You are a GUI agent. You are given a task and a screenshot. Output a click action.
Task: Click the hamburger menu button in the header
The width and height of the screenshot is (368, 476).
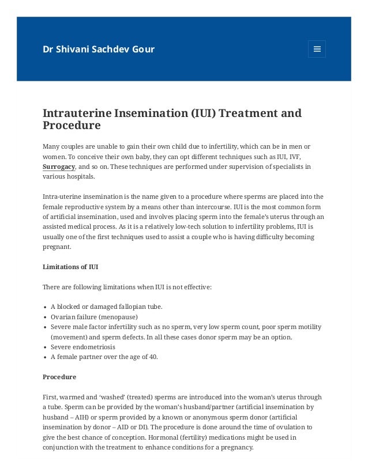[317, 49]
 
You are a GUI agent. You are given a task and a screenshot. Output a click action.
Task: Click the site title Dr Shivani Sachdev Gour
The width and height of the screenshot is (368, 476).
[99, 49]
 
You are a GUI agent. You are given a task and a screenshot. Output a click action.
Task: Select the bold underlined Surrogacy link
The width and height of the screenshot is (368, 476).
[59, 167]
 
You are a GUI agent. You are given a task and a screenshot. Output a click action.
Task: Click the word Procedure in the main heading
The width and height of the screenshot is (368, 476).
[72, 126]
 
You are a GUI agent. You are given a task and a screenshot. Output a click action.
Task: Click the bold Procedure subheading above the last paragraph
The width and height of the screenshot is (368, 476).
[59, 377]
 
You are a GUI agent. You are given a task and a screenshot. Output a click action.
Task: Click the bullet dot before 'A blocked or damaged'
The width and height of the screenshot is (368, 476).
[46, 307]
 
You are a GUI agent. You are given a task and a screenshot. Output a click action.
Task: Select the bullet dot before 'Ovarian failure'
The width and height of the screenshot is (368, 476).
[46, 317]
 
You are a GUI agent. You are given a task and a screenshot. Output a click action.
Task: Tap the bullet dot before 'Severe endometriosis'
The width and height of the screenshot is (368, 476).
[46, 347]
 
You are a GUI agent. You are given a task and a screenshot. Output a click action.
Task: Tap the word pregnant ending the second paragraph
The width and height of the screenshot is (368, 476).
[57, 247]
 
